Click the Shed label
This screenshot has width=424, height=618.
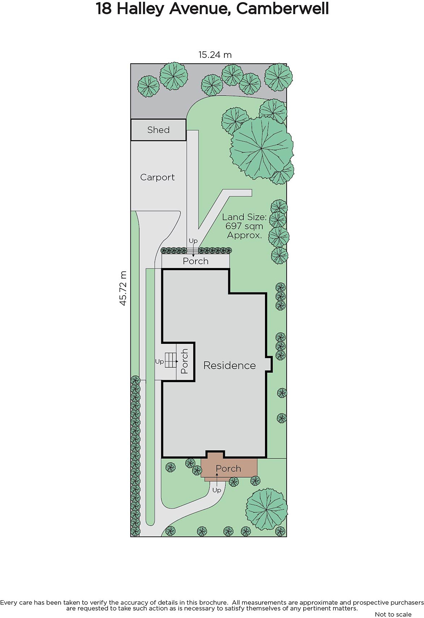[158, 130]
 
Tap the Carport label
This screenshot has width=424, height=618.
[157, 177]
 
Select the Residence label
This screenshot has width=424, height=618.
[229, 365]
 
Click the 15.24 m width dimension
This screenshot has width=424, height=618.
[215, 54]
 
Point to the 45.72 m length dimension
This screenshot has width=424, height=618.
[123, 288]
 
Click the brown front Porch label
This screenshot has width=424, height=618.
[228, 469]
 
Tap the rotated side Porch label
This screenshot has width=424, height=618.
[185, 361]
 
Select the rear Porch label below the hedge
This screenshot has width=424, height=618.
[195, 261]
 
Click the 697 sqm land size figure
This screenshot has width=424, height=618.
[244, 226]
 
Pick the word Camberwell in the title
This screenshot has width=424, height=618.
[282, 8]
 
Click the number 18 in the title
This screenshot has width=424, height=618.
[104, 8]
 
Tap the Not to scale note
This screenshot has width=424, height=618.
[393, 614]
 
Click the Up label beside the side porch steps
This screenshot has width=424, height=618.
[159, 362]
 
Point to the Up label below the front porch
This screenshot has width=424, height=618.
[217, 490]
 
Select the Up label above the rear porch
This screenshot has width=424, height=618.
[193, 241]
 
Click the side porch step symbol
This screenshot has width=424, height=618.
[171, 360]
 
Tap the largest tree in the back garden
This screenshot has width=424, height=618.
[262, 148]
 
